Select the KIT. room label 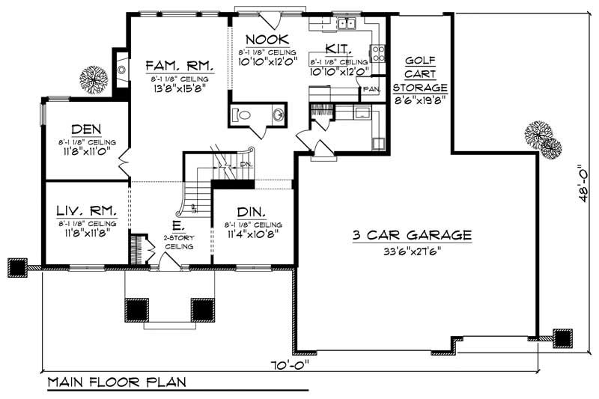(x=338, y=50)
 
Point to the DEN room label (x=86, y=129)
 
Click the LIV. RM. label (x=87, y=211)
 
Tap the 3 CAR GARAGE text (x=413, y=235)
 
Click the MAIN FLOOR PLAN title (x=118, y=382)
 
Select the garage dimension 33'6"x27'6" (x=413, y=252)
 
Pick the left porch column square (x=136, y=309)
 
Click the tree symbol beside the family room (x=94, y=79)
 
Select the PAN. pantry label (x=371, y=89)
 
